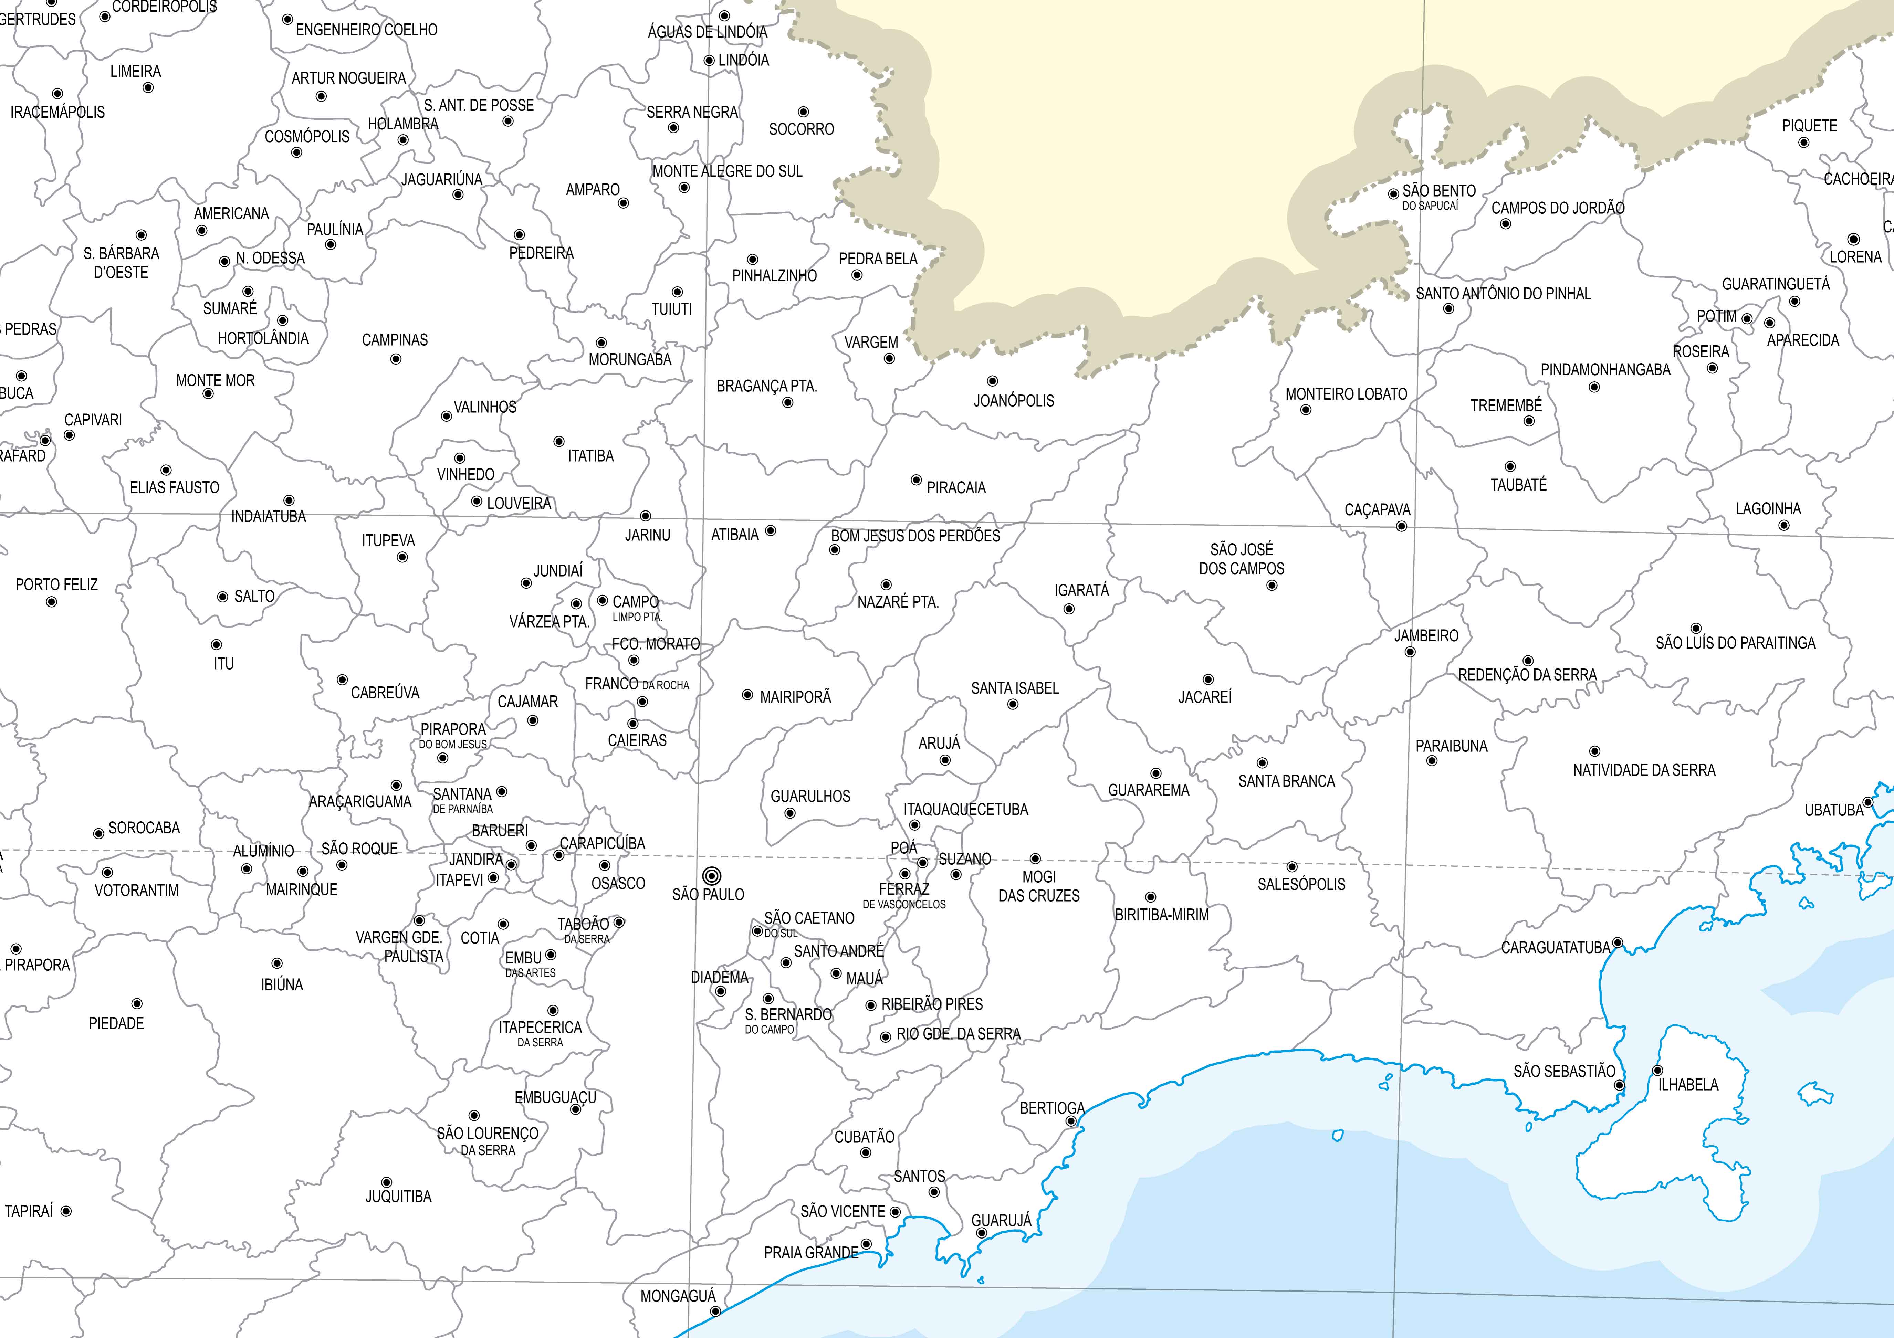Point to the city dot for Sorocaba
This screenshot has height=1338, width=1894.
(98, 833)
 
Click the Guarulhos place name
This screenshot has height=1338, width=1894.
(810, 796)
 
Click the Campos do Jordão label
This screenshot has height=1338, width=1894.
(1557, 208)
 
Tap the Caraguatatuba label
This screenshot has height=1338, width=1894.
(1555, 948)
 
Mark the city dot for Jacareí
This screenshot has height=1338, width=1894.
(1208, 680)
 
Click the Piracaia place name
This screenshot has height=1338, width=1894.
(956, 487)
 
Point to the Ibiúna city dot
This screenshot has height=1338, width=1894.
(277, 963)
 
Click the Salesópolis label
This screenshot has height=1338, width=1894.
(1301, 884)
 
